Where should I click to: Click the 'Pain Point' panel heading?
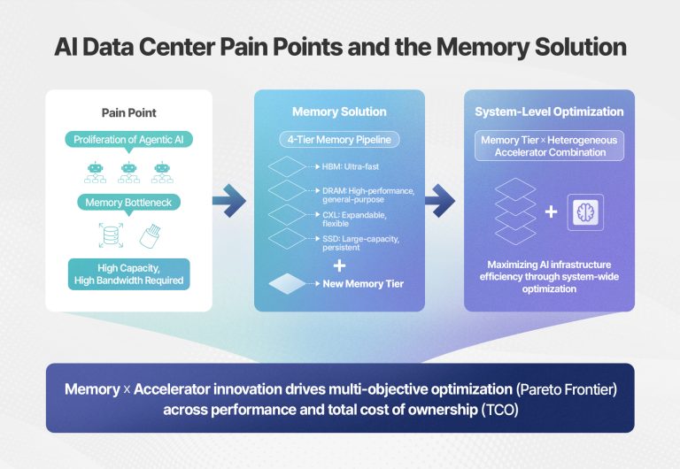point(128,112)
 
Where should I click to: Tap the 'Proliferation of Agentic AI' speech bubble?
point(128,140)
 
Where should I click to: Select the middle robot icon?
point(128,172)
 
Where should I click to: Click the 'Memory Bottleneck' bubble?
point(128,203)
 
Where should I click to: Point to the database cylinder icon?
point(111,235)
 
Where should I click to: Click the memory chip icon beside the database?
point(151,236)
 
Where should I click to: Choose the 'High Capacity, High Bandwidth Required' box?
point(128,274)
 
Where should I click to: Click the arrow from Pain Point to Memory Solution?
point(229,201)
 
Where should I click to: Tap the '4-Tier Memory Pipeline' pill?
point(339,140)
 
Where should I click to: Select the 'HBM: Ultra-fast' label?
point(351,166)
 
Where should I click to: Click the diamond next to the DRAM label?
point(287,191)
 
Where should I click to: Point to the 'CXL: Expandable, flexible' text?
point(354,219)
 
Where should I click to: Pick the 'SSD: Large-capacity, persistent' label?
point(361,243)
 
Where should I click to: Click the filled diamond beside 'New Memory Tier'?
point(287,284)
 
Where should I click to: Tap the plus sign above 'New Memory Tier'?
point(339,265)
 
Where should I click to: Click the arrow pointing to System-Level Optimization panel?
point(440,201)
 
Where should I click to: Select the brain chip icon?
point(585,212)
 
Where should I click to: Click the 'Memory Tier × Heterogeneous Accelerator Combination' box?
point(550,146)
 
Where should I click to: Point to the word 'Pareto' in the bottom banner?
point(538,389)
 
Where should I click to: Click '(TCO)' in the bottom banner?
point(500,410)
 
